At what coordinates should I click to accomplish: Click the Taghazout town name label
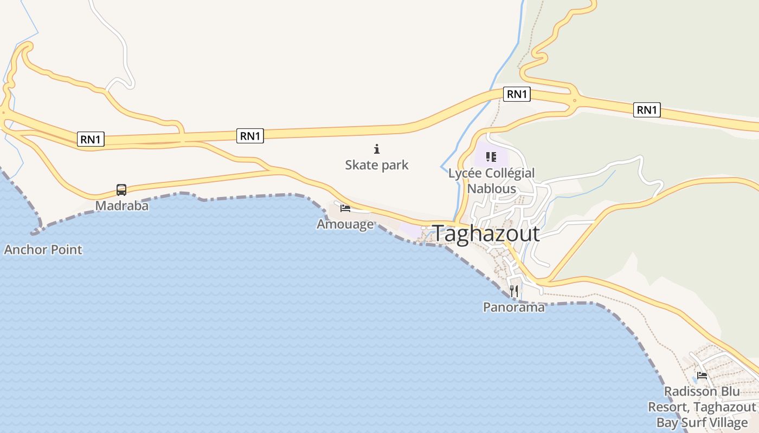486,234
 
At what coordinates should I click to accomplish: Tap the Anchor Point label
43,250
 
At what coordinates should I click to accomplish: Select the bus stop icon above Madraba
121,190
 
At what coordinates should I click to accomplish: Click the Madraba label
122,206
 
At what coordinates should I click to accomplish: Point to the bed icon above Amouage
345,208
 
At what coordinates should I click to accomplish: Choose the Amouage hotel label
345,224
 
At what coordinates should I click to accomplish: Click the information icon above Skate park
377,149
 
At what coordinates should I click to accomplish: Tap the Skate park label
377,165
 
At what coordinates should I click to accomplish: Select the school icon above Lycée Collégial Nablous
491,158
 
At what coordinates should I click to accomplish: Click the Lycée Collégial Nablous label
492,181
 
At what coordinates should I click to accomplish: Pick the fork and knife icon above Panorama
514,291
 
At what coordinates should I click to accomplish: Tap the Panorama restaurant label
514,307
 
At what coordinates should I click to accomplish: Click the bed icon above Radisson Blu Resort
702,375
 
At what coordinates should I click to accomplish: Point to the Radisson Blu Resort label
702,406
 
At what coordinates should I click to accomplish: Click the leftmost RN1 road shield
91,139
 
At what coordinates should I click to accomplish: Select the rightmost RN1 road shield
647,110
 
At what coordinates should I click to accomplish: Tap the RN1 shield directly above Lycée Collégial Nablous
517,94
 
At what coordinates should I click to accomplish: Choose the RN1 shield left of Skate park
250,136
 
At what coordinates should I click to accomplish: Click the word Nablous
492,188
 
